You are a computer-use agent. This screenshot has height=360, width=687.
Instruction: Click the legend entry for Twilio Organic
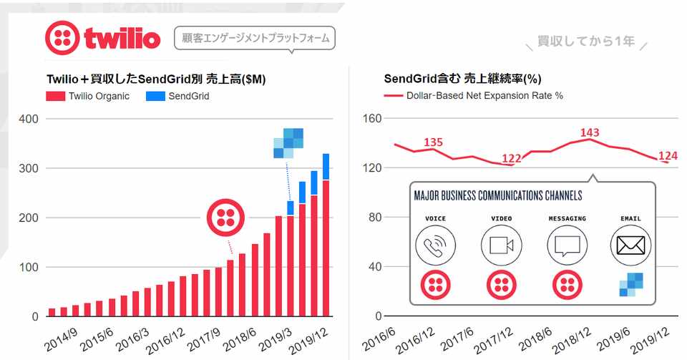[89, 96]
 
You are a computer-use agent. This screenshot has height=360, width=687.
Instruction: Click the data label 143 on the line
[590, 132]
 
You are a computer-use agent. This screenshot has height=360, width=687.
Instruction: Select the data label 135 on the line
[433, 142]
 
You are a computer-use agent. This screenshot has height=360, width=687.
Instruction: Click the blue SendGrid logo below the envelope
[630, 285]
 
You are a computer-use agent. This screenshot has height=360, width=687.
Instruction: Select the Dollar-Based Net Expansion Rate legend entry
[473, 96]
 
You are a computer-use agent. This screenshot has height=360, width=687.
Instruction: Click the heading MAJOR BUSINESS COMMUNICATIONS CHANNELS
[498, 195]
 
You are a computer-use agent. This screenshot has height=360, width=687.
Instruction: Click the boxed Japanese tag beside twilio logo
[255, 38]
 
